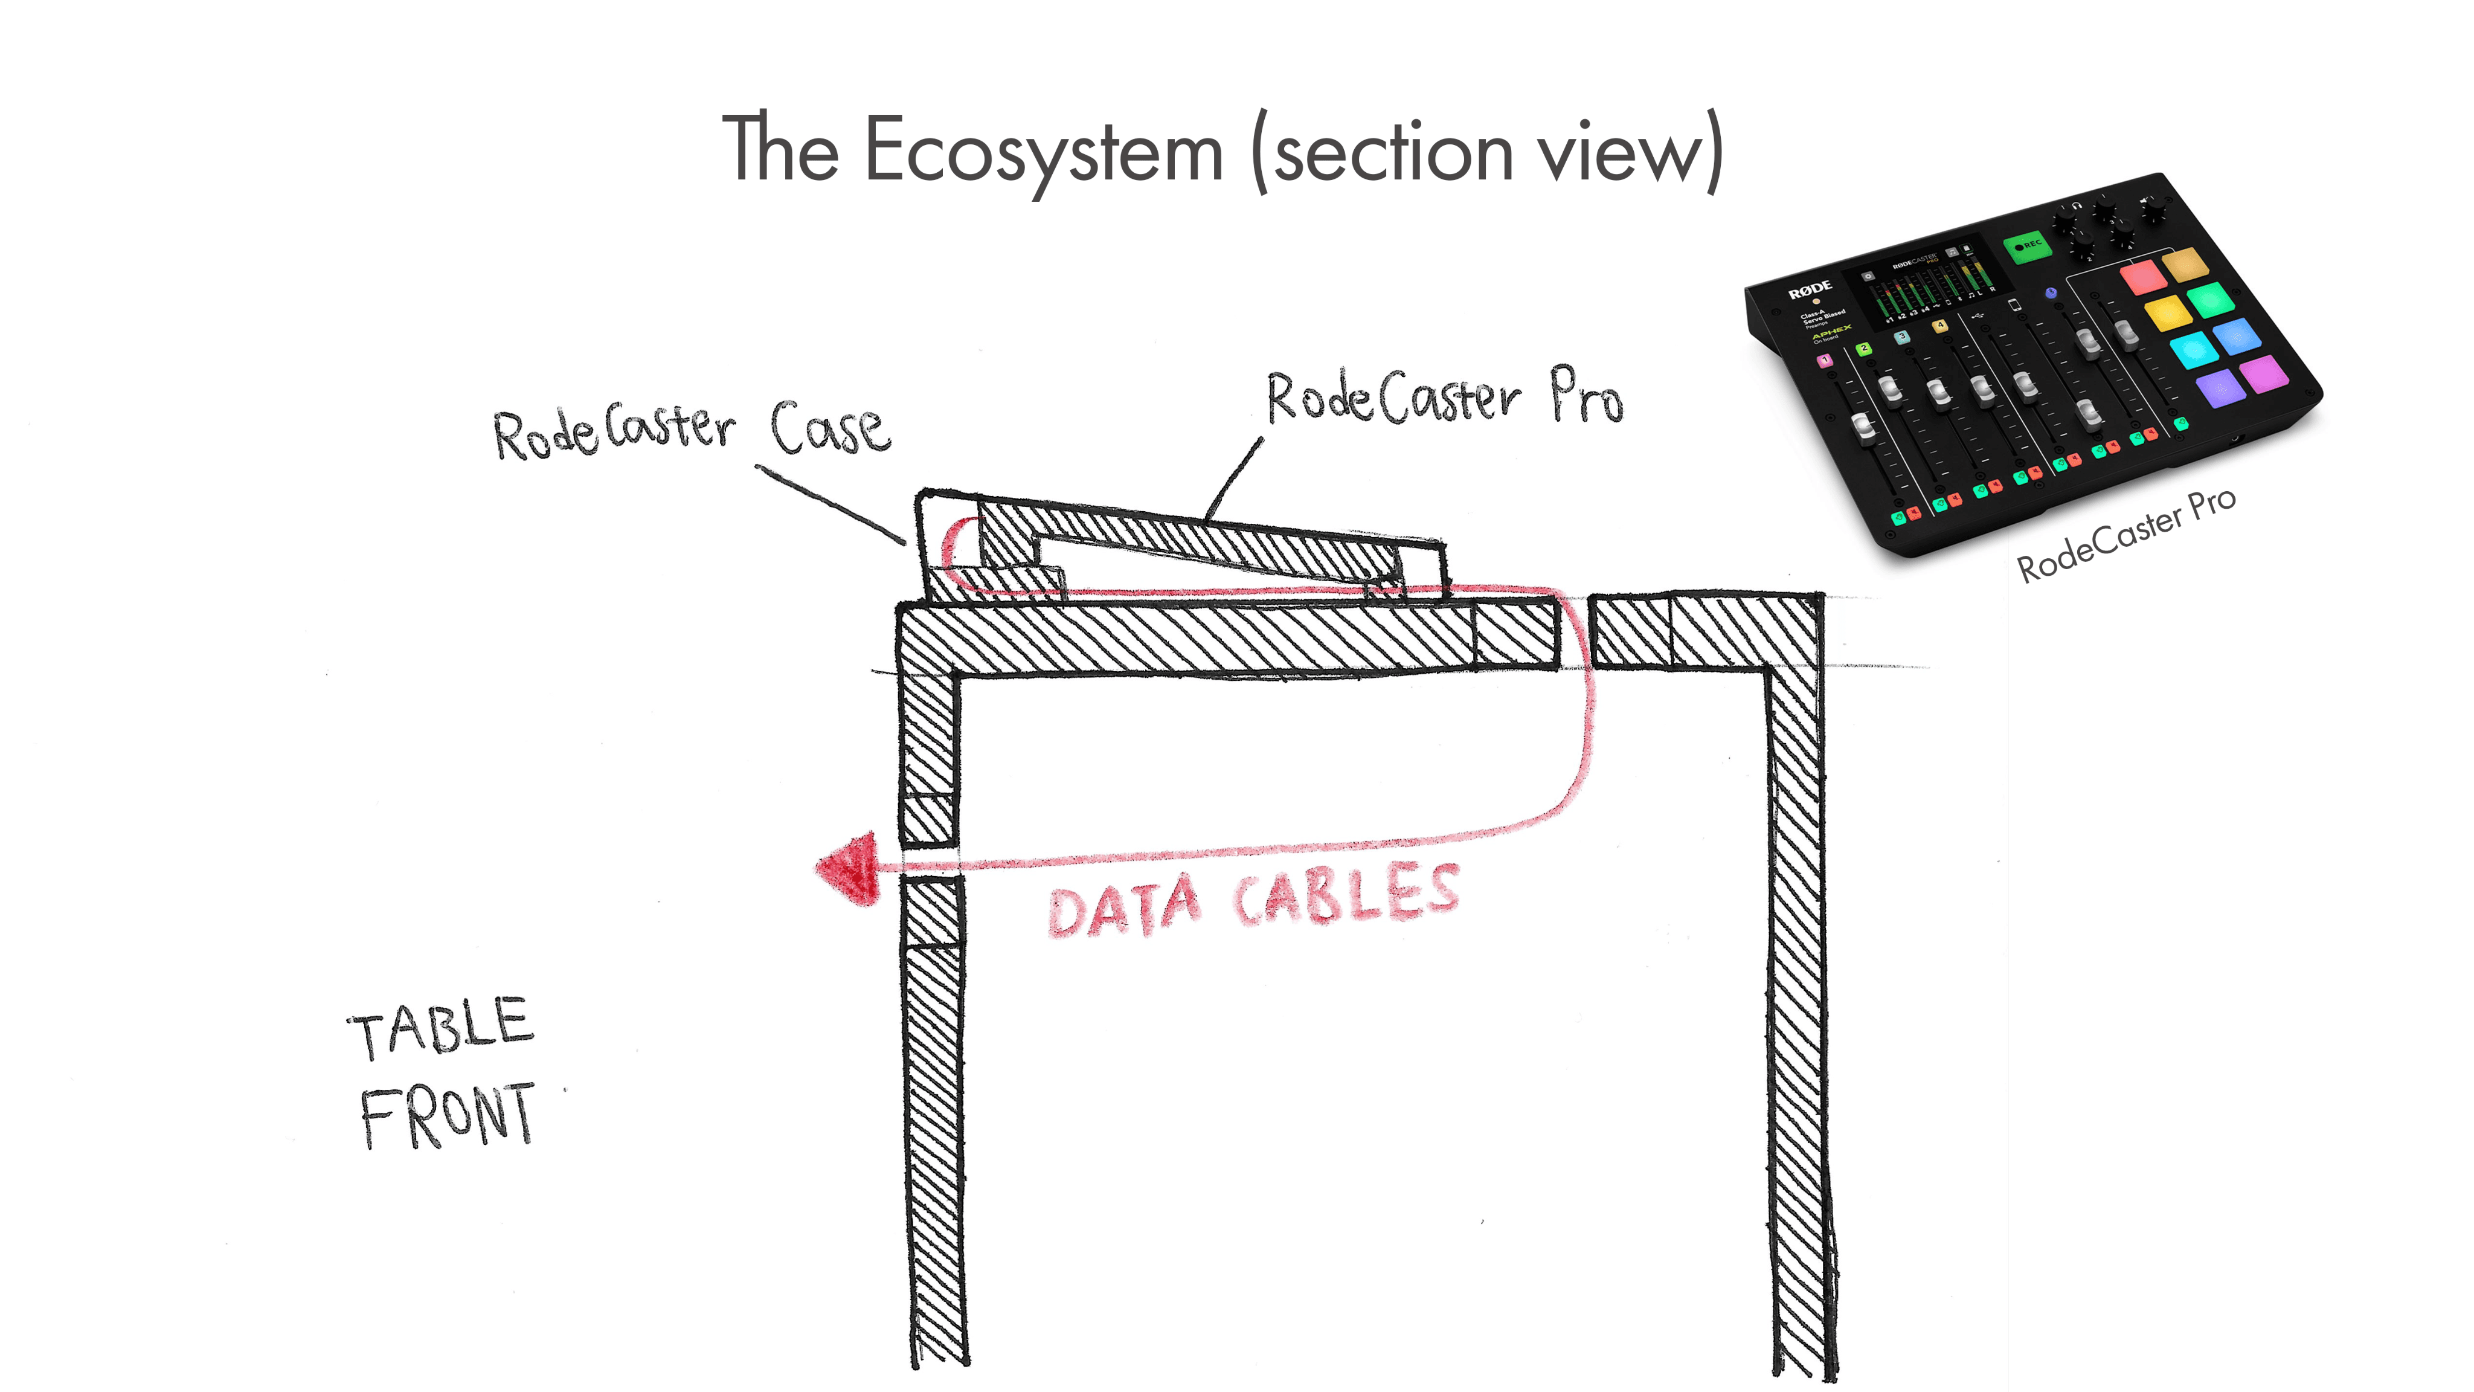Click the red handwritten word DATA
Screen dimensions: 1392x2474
click(x=1123, y=908)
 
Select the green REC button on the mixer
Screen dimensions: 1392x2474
click(x=2028, y=246)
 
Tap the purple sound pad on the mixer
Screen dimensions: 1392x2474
click(x=2220, y=388)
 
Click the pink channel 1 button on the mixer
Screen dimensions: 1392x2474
click(x=1825, y=360)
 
